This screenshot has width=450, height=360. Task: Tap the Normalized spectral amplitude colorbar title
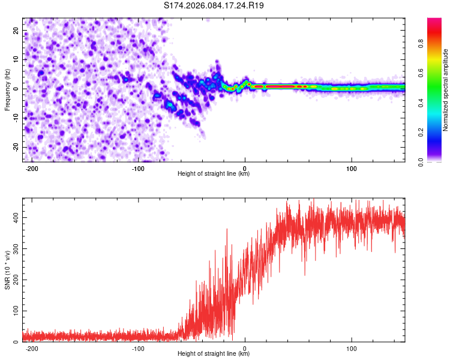pos(446,90)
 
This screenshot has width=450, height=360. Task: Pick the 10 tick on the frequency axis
pos(16,59)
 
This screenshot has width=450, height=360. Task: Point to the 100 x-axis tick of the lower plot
pos(352,347)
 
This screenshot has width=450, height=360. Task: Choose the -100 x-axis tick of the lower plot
pos(138,347)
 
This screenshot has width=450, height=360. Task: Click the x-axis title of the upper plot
pos(214,174)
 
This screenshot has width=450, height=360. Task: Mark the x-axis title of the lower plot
pos(214,354)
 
